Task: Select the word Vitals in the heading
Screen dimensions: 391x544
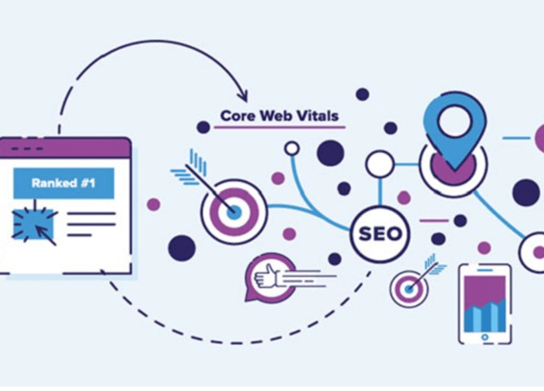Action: pos(320,115)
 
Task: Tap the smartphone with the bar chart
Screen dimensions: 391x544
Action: pos(485,303)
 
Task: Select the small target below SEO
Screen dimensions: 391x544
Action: pos(410,289)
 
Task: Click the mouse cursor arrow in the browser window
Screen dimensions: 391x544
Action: pos(48,234)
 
